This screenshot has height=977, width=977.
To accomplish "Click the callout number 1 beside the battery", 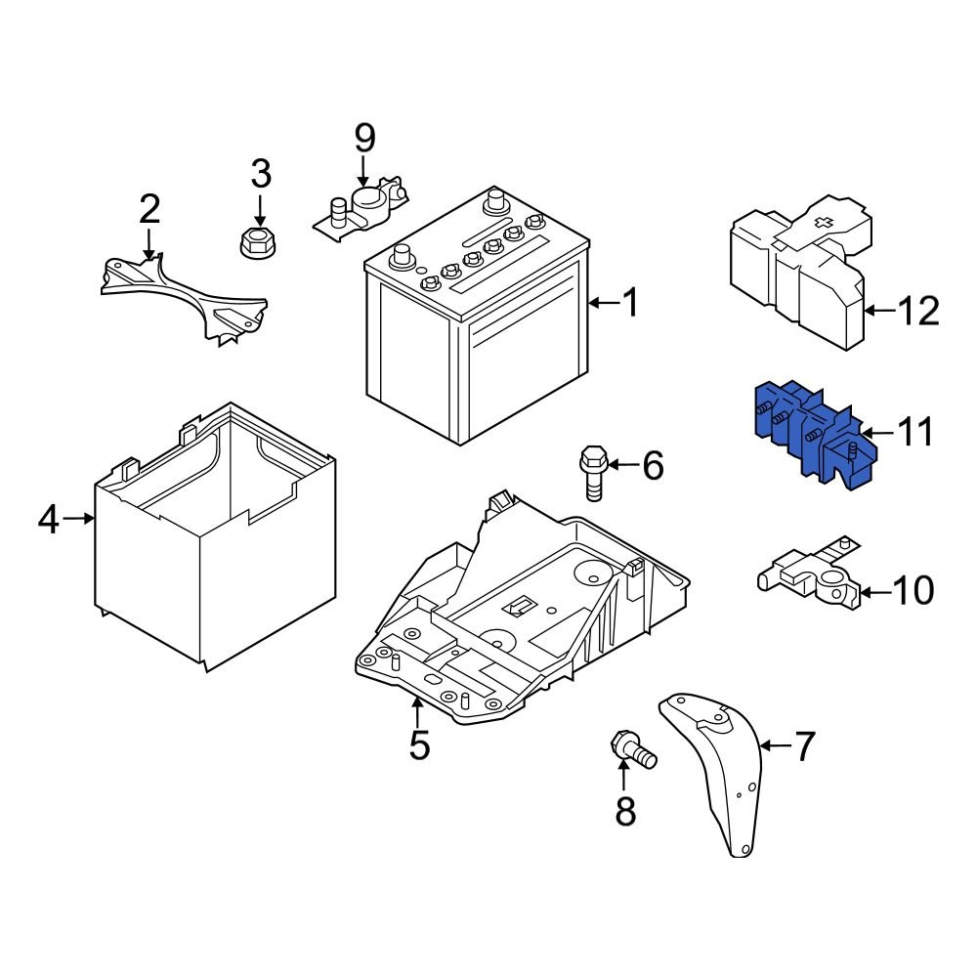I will [631, 304].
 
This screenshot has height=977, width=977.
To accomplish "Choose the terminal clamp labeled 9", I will [362, 208].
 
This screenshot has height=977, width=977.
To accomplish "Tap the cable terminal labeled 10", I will [810, 582].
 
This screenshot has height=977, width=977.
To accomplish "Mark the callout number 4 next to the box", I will [49, 521].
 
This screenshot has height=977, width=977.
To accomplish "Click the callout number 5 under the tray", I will [419, 745].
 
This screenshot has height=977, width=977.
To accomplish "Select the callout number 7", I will [804, 747].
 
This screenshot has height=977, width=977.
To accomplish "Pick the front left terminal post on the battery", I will [400, 258].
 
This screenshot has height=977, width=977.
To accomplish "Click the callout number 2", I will [149, 209].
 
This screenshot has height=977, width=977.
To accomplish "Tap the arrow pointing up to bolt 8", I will [624, 777].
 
